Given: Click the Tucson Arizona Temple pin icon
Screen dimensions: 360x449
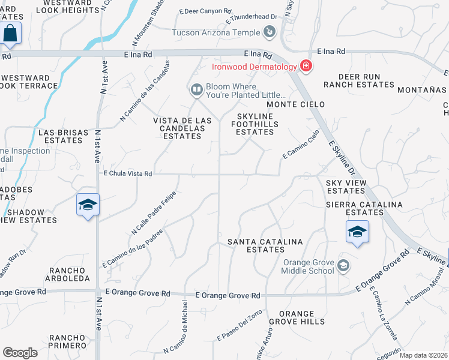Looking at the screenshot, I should click(270, 32).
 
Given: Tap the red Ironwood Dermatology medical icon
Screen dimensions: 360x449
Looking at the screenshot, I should click(306, 66).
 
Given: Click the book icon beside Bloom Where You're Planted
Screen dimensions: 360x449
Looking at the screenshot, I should click(196, 91).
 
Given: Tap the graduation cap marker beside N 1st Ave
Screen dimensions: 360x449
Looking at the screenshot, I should click(88, 205).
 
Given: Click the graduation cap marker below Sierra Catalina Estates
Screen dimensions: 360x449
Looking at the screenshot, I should click(357, 232).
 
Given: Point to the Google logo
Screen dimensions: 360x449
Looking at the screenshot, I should click(20, 353).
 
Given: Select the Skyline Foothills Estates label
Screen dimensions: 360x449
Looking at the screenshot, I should click(255, 124).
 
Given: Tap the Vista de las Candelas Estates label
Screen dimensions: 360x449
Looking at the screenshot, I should click(182, 128).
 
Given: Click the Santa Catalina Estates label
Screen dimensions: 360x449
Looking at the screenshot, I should click(265, 245).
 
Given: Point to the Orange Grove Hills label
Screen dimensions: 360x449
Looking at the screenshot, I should click(297, 317).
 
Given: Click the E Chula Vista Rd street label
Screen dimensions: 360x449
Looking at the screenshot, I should click(128, 173).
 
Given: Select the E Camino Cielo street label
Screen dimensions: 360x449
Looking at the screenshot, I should click(301, 146).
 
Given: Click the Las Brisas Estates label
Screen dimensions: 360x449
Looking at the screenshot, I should click(60, 136).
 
